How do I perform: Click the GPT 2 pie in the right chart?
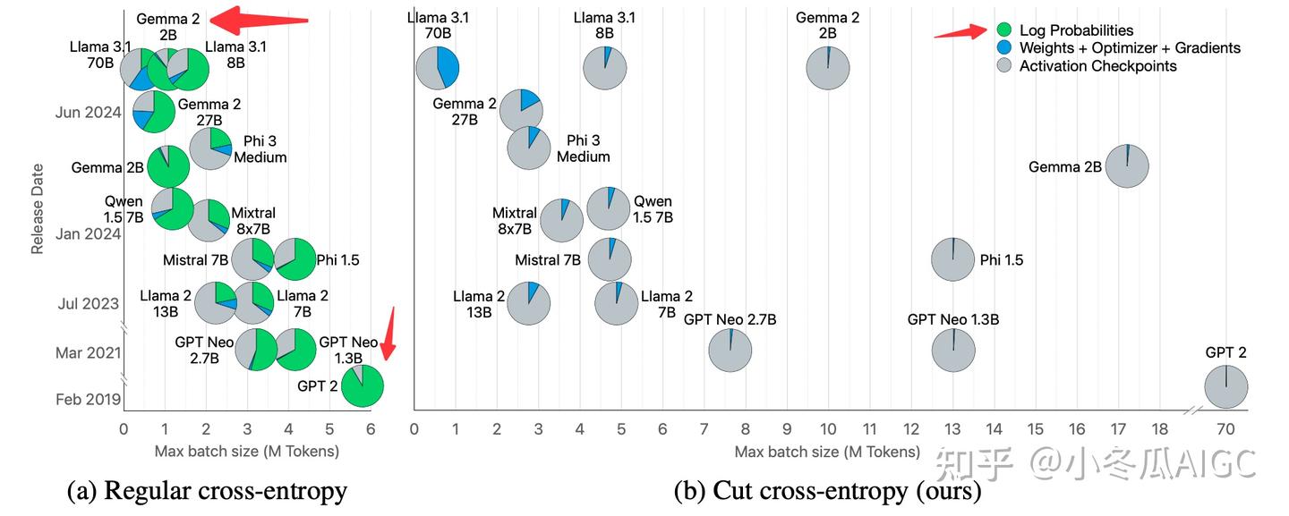pos(1225,386)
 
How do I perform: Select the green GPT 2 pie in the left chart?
pos(363,386)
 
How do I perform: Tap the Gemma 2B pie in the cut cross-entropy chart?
pos(1126,165)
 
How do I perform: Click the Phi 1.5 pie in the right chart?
pos(953,259)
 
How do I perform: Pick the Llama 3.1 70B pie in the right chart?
pos(438,67)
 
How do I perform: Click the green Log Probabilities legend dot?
pos(1003,30)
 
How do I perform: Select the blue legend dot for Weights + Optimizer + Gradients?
pos(1003,48)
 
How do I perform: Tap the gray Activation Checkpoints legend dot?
pos(1003,66)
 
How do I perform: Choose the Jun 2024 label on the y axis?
pos(87,113)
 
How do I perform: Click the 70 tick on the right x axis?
pos(1225,429)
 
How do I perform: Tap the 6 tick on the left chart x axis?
pos(371,429)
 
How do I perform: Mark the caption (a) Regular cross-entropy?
pos(207,490)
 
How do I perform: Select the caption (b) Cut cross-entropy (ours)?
pos(827,490)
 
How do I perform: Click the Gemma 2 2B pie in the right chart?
pos(828,68)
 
